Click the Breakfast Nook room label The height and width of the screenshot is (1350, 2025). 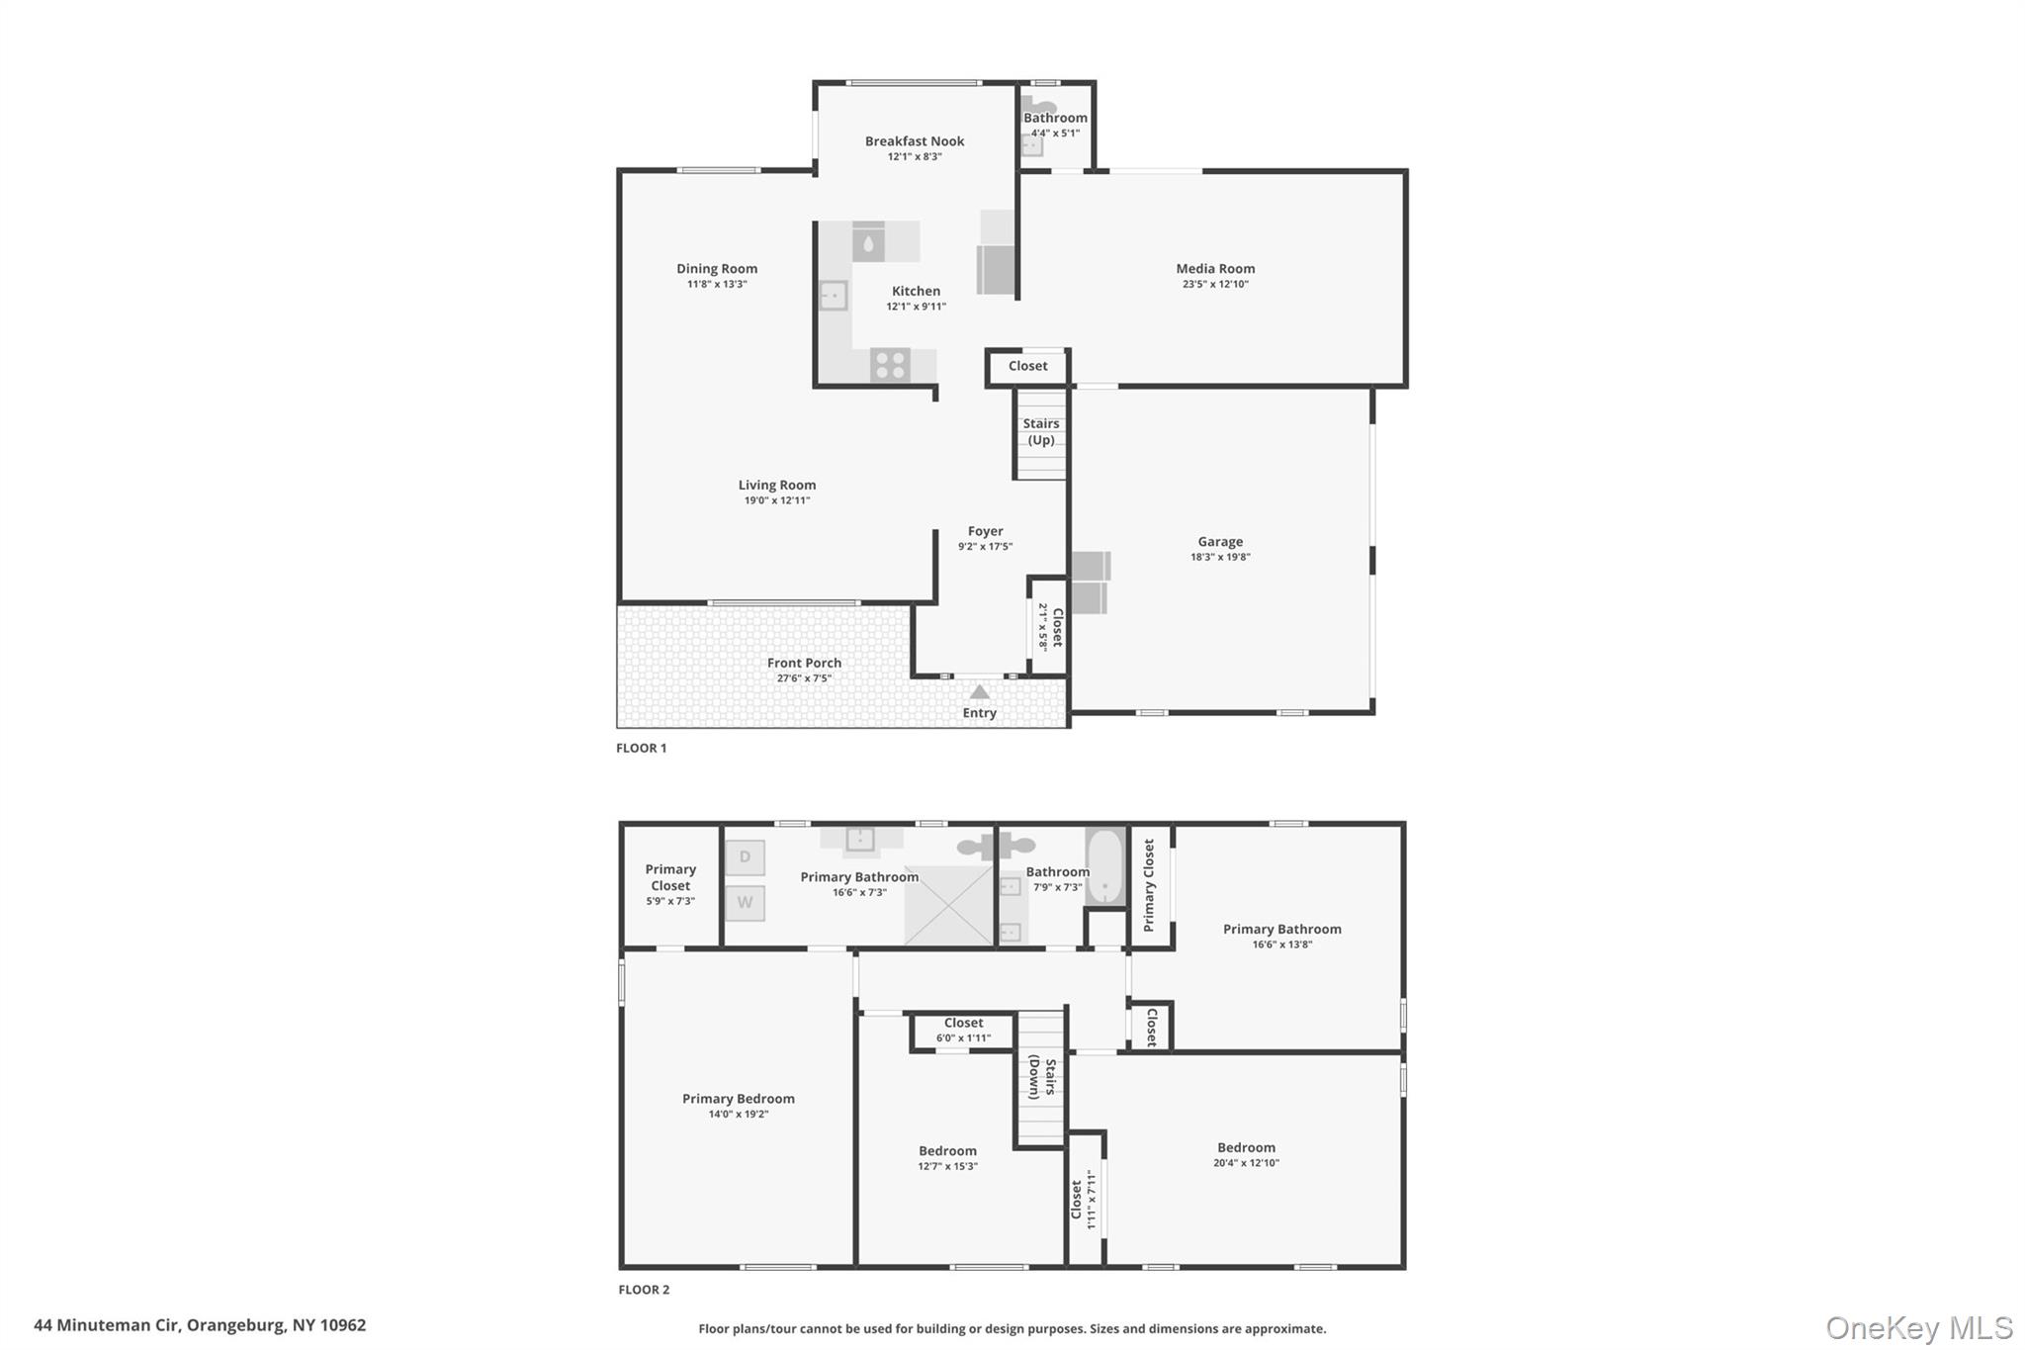[914, 141]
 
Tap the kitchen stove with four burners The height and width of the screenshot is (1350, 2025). [890, 365]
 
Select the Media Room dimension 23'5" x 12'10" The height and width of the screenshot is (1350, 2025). [1215, 284]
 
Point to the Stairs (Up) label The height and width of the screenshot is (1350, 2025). [1040, 431]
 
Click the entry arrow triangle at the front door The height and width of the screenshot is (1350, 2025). [979, 691]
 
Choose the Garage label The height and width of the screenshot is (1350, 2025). [1220, 541]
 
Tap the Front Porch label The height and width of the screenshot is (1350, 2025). [804, 663]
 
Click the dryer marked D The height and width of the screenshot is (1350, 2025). [745, 856]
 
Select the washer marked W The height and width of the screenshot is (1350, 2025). [745, 902]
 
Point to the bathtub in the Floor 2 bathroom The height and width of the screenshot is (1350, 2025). [1104, 866]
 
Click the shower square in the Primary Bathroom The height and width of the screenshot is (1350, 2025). [948, 905]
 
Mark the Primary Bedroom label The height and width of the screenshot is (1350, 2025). [738, 1099]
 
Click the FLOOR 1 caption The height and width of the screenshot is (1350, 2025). [641, 748]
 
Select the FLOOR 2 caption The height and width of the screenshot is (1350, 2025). [644, 1290]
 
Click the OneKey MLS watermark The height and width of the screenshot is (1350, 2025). [1918, 1327]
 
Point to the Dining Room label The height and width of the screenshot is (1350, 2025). [717, 268]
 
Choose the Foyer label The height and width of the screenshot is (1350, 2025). [985, 531]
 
